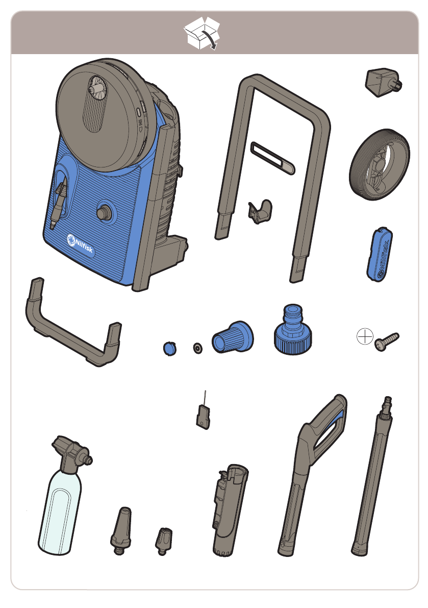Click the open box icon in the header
(x=202, y=33)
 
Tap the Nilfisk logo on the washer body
(x=80, y=245)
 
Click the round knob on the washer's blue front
(x=104, y=212)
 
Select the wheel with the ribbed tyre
(x=379, y=164)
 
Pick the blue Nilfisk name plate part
(x=380, y=254)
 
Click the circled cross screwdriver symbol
(x=365, y=336)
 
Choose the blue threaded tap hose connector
(x=293, y=330)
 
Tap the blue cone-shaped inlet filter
(x=233, y=337)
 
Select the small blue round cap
(x=170, y=348)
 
